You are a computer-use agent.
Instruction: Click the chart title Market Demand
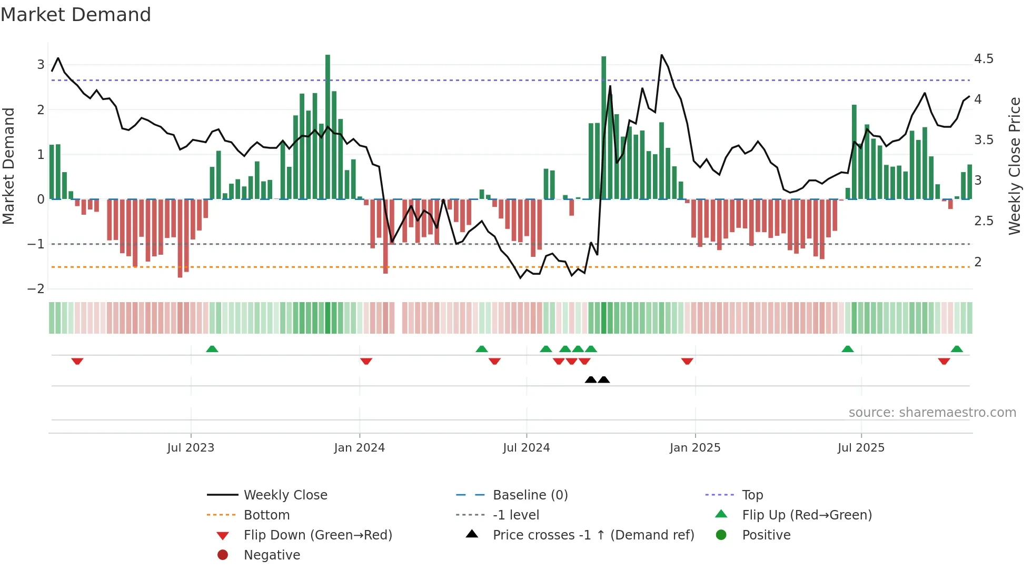76,15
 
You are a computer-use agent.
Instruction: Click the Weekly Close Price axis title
1014,166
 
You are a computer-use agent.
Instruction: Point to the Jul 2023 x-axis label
191,448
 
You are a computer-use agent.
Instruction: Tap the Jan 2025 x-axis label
695,448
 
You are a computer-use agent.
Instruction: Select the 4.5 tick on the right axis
984,59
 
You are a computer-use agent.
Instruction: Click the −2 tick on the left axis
36,289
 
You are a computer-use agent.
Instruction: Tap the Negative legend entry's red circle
223,555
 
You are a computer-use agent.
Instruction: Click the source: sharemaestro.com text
932,413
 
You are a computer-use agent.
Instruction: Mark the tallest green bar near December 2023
328,126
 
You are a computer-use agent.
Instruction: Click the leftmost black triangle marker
591,379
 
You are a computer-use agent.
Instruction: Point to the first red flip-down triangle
77,361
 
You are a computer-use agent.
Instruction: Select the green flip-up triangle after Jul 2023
212,349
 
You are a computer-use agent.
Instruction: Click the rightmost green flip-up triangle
957,349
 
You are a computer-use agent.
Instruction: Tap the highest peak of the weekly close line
662,55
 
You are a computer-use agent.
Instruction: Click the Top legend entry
752,495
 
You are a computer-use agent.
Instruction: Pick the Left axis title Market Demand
9,166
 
